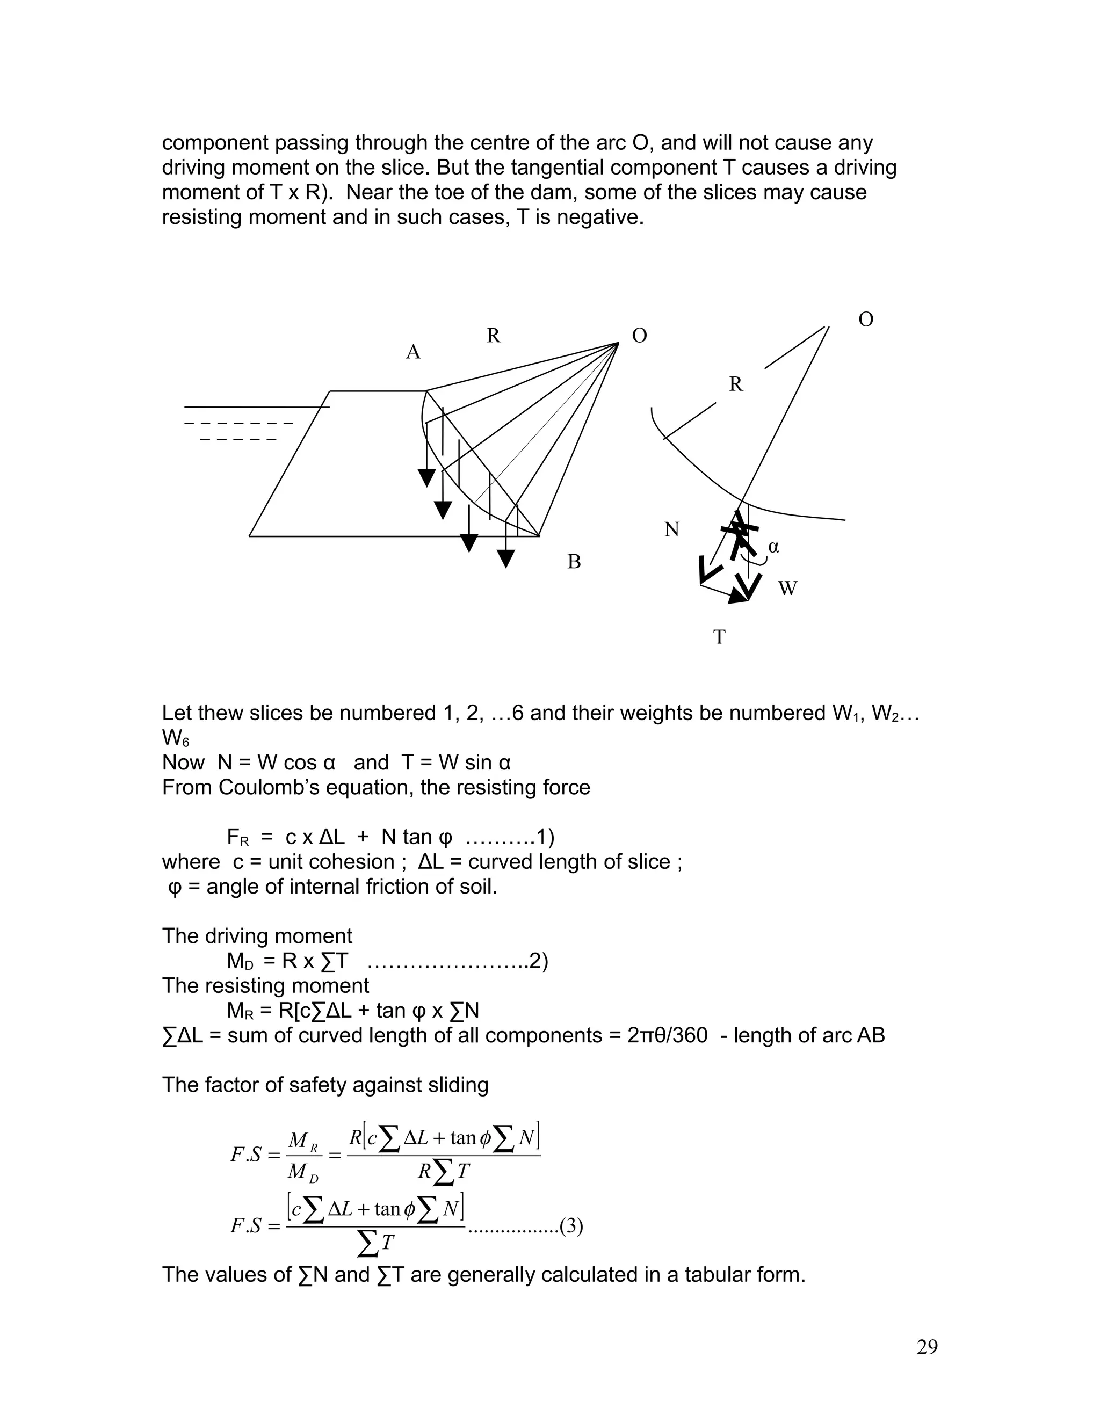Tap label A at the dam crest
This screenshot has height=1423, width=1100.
point(413,352)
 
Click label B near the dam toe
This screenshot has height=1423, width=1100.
point(574,562)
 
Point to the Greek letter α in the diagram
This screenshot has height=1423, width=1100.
point(773,547)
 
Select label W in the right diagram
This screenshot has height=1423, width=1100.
point(787,589)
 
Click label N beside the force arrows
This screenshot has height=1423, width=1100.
point(672,529)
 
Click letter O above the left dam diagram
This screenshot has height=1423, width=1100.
point(639,336)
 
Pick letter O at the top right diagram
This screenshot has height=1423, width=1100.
point(865,320)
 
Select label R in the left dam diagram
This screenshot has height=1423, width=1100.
point(493,336)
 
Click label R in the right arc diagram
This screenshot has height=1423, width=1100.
point(736,385)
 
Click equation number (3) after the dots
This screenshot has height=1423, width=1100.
point(571,1226)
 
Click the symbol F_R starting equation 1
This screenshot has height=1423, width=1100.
point(238,837)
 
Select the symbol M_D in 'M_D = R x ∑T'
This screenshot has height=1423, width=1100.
point(240,961)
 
